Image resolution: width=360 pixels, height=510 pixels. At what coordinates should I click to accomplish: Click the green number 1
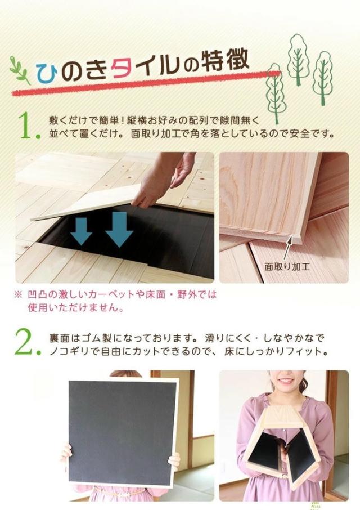(x=27, y=127)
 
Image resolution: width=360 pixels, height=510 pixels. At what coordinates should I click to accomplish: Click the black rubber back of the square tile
(x=121, y=431)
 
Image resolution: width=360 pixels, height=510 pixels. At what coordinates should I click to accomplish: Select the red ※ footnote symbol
(x=19, y=294)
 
